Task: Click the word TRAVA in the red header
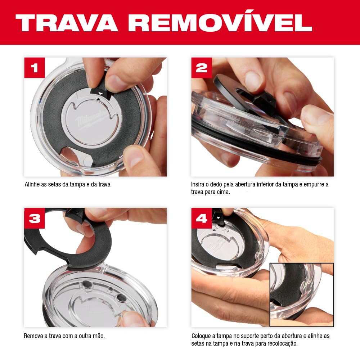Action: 67,23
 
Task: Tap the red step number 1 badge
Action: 35,68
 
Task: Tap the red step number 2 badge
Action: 202,68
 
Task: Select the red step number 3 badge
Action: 35,219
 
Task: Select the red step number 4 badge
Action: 202,219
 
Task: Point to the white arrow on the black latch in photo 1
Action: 100,93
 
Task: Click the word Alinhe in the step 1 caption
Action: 32,184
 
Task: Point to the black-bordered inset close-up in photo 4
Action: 302,295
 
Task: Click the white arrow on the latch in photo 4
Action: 219,217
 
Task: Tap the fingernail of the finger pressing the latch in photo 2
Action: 253,79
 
